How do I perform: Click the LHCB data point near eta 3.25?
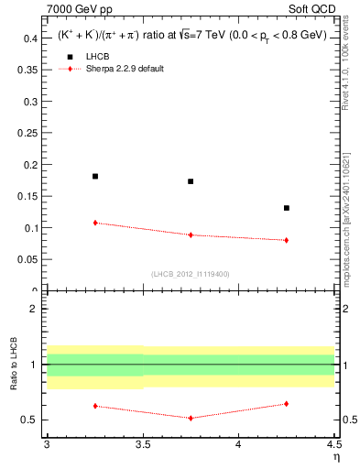(x=95, y=176)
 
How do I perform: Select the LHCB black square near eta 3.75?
(x=191, y=181)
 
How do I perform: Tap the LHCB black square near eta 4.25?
(x=287, y=208)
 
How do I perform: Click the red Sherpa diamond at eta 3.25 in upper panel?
(x=95, y=223)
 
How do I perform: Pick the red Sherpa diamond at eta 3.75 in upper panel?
(x=191, y=234)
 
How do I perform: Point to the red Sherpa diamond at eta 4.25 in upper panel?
(x=287, y=240)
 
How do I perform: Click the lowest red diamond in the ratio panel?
(x=191, y=418)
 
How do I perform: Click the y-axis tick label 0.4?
(x=30, y=38)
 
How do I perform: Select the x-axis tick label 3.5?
(x=142, y=446)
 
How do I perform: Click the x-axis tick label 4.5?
(x=333, y=446)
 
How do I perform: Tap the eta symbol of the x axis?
(x=335, y=458)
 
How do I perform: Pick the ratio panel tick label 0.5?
(x=30, y=420)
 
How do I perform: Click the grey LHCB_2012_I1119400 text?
(x=191, y=274)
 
